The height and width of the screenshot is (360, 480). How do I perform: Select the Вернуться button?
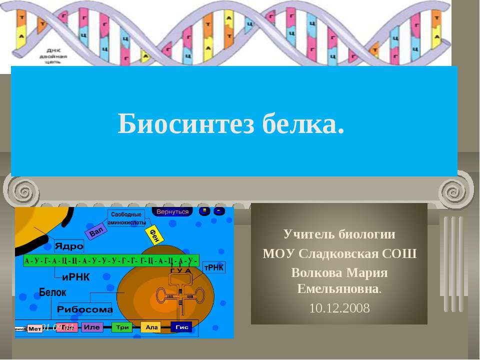(x=173, y=211)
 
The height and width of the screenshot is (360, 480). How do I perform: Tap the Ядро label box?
(x=69, y=246)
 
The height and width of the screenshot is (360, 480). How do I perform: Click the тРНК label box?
(x=214, y=268)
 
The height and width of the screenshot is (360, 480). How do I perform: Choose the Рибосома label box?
(x=85, y=309)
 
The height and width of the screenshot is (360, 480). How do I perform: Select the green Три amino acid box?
(x=122, y=327)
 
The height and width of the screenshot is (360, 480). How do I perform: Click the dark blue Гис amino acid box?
(x=181, y=327)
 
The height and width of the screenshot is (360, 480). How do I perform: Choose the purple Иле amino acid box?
(x=92, y=327)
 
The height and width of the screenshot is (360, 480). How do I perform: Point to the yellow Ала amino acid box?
(x=151, y=327)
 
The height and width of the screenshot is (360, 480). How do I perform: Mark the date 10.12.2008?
(x=339, y=308)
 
